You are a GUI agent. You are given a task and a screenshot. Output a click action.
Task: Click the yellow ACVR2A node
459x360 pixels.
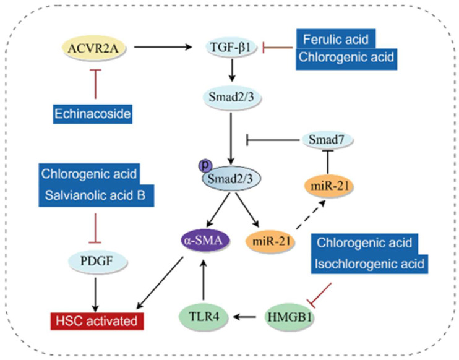click(93, 48)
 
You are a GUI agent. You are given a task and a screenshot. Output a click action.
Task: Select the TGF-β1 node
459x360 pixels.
click(231, 48)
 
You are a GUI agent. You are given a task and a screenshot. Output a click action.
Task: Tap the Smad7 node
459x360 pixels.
click(327, 140)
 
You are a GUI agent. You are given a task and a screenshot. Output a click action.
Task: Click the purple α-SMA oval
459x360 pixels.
click(205, 241)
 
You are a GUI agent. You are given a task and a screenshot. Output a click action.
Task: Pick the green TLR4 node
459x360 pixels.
click(204, 317)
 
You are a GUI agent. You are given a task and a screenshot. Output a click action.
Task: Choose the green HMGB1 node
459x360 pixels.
click(289, 317)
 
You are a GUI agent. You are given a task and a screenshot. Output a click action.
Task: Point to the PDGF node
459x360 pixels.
click(97, 262)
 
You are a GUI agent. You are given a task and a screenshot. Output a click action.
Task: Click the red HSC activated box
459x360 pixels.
click(97, 321)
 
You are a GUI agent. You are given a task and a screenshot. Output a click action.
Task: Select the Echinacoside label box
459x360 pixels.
click(93, 114)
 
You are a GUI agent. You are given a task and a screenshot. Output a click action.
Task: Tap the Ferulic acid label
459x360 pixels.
click(336, 39)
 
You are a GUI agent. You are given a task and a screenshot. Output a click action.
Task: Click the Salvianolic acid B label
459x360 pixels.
click(96, 195)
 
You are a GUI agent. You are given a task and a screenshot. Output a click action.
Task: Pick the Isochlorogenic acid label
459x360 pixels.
click(369, 264)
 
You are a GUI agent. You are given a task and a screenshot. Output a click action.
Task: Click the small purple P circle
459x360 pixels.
click(205, 166)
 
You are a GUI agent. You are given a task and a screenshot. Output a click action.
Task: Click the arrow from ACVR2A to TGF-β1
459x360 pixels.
click(163, 46)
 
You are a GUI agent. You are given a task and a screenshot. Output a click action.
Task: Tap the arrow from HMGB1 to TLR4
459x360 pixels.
click(244, 317)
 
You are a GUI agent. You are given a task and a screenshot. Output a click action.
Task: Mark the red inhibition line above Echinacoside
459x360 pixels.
click(95, 84)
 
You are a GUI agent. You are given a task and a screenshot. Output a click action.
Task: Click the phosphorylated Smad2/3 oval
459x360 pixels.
click(231, 179)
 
